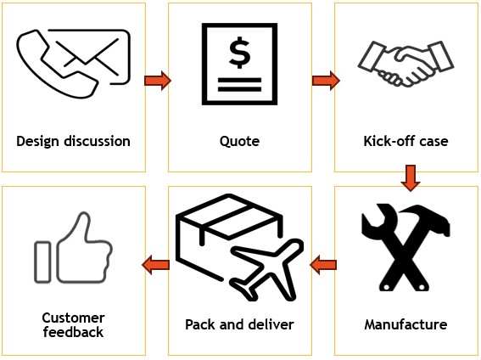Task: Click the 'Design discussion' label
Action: click(73, 142)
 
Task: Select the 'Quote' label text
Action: click(239, 142)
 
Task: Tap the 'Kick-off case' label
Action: click(405, 141)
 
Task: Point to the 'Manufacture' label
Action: click(405, 324)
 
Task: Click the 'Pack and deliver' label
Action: click(239, 324)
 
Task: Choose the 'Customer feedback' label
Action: click(73, 325)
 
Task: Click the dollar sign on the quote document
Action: click(239, 53)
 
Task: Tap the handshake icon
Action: click(405, 64)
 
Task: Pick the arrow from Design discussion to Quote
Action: click(158, 81)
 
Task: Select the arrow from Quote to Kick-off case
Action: click(326, 81)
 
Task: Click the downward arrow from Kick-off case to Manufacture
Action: click(411, 178)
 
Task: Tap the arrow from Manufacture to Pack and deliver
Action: click(323, 265)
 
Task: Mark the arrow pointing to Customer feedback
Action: click(156, 265)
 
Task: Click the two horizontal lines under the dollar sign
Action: click(239, 85)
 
